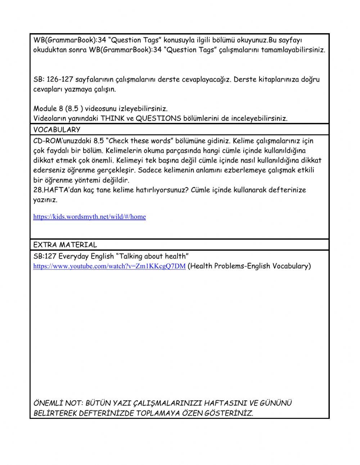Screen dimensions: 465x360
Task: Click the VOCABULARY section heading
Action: click(x=57, y=130)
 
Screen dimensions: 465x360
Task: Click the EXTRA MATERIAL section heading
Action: click(x=65, y=245)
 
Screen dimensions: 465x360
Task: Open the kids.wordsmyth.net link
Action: click(x=89, y=217)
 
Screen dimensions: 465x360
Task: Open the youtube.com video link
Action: click(x=109, y=267)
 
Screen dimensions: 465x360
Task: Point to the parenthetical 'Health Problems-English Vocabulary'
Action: click(x=249, y=266)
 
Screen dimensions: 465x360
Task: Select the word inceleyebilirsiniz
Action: click(x=254, y=119)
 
